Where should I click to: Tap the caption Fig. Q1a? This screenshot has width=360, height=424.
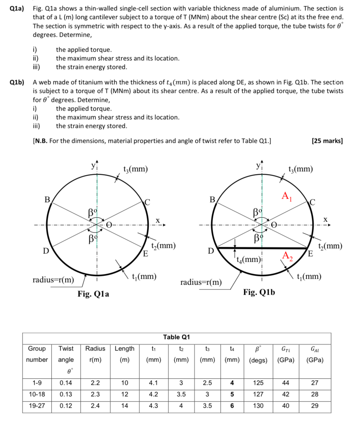pyautogui.click(x=93, y=294)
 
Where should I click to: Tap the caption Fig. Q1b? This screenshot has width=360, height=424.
pyautogui.click(x=259, y=292)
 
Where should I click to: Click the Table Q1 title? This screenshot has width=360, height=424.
pyautogui.click(x=176, y=337)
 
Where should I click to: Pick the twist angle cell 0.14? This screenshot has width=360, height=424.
pyautogui.click(x=66, y=383)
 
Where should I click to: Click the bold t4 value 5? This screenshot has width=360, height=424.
pyautogui.click(x=232, y=394)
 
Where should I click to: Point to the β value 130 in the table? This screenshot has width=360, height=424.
pyautogui.click(x=258, y=405)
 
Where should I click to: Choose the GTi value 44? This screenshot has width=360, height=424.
pyautogui.click(x=285, y=383)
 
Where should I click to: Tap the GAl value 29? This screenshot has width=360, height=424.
pyautogui.click(x=315, y=405)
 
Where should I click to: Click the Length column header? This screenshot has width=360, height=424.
pyautogui.click(x=124, y=348)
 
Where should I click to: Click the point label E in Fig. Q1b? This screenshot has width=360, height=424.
pyautogui.click(x=311, y=254)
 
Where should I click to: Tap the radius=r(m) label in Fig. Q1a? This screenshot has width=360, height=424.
pyautogui.click(x=53, y=280)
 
